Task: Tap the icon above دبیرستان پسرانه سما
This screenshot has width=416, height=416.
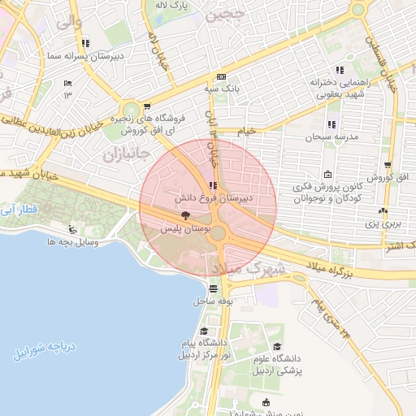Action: point(85,43)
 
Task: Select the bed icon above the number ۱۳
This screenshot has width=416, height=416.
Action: point(67,83)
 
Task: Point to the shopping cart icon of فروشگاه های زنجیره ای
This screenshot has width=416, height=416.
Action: point(146,106)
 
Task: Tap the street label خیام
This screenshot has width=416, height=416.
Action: point(245,130)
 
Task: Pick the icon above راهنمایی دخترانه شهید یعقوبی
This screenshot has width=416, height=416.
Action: point(340,70)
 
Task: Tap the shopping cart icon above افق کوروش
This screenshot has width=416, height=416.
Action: point(388,165)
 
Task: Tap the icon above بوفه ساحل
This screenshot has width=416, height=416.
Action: point(213,288)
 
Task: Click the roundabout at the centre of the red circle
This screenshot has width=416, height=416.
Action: point(218,232)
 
